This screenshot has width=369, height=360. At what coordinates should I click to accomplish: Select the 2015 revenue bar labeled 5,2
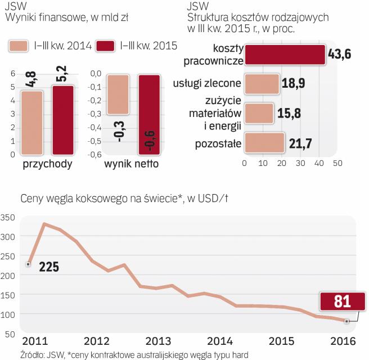pos(63,119)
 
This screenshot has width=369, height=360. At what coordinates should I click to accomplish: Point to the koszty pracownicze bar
pos(285,55)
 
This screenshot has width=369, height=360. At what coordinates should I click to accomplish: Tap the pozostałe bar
pos(264,143)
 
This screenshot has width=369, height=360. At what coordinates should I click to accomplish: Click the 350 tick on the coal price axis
pos(8,218)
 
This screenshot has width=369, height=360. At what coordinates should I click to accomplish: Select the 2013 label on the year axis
pos(157,341)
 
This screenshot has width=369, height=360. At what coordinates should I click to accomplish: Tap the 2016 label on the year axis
pos(344,341)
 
